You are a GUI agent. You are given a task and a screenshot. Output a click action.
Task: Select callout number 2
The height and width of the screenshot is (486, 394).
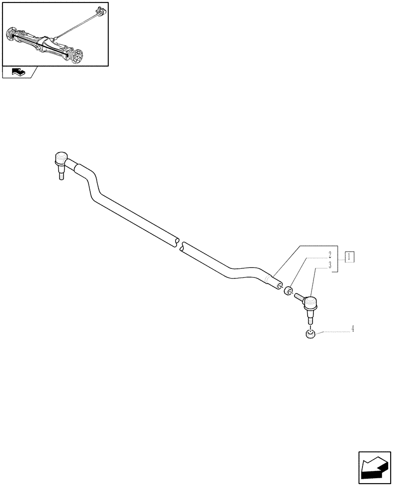click(329, 255)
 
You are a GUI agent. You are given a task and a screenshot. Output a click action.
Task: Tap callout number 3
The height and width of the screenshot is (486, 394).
click(329, 265)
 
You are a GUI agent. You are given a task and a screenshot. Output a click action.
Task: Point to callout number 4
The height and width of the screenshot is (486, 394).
click(353, 329)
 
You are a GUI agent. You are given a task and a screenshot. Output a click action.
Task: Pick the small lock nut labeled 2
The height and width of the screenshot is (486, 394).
click(288, 291)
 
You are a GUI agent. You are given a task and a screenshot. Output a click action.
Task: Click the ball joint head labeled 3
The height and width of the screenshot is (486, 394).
click(310, 304)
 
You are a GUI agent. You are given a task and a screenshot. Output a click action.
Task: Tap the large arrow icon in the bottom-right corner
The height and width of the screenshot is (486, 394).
click(374, 468)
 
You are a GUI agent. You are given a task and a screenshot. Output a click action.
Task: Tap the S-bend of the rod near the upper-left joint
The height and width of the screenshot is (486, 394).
click(92, 185)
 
